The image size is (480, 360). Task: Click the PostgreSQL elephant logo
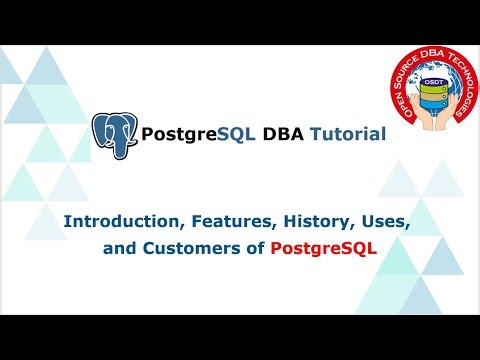coord(113,135)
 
